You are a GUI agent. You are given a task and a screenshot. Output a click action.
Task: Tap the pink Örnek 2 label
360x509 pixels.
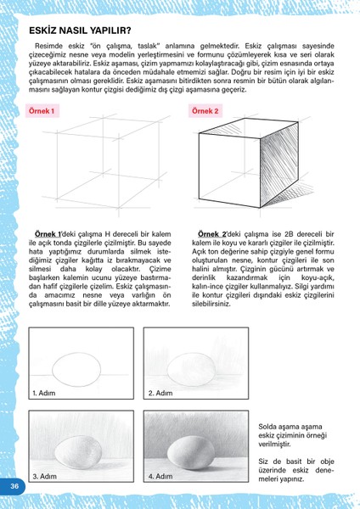coord(205,111)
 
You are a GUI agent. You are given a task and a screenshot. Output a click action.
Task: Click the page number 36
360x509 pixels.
coord(14,485)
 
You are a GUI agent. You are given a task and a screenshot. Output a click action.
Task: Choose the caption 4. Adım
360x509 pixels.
coord(161,477)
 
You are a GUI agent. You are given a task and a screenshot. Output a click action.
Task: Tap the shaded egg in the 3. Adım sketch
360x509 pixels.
coord(78,449)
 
